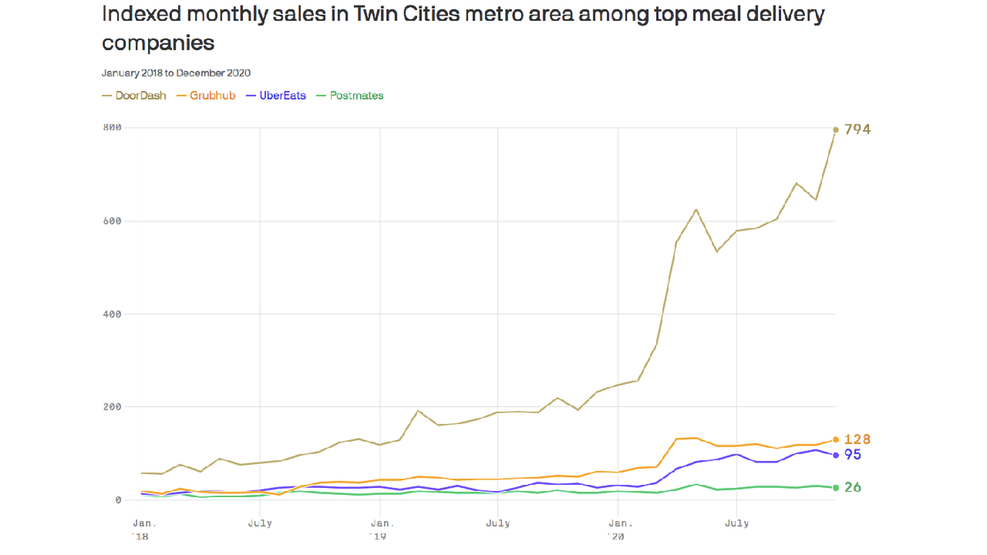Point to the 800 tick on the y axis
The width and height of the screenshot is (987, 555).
pos(112,128)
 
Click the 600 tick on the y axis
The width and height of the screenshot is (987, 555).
pos(112,221)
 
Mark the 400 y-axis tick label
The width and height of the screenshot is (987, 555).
pos(112,314)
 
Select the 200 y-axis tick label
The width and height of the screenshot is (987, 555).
pos(112,407)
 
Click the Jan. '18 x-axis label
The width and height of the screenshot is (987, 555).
pos(143,529)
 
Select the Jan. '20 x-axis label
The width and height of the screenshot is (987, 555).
pos(618,529)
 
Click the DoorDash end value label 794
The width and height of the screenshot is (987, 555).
pos(858,130)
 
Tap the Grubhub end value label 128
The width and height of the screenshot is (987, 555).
pos(857,439)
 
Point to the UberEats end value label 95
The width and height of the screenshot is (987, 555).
pos(853,455)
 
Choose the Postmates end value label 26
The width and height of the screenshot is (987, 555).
pos(853,488)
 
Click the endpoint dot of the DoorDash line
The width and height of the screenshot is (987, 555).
pos(836,130)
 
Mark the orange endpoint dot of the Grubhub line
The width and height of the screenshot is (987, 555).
pos(836,439)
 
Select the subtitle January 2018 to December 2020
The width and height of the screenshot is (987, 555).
pos(176,73)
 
